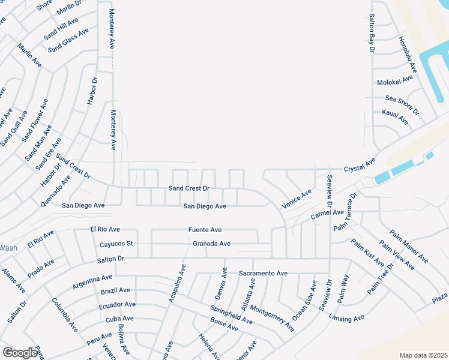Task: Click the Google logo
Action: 20,353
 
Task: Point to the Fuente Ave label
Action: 205,230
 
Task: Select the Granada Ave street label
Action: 212,244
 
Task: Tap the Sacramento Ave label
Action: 263,273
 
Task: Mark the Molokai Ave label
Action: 395,80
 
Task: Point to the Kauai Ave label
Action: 395,117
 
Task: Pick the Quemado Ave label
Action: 56,190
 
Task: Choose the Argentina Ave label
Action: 92,281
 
